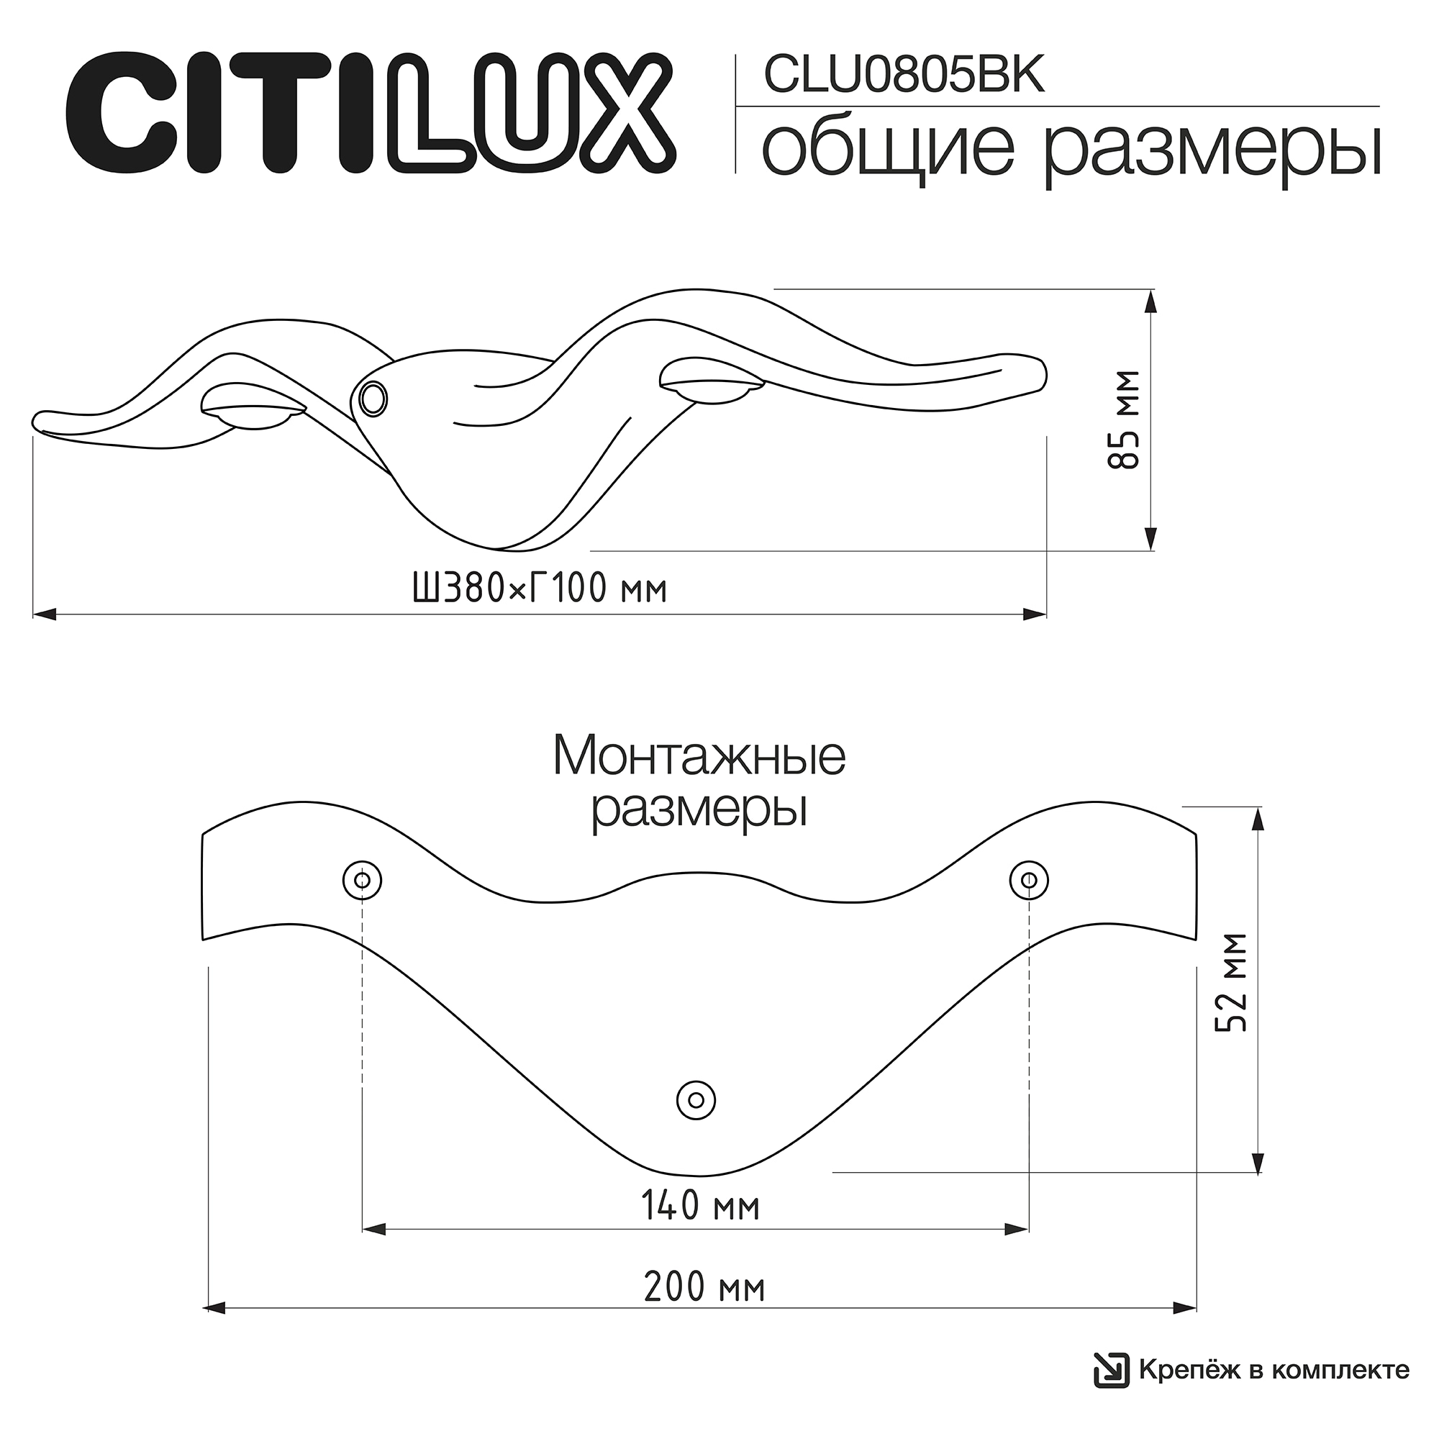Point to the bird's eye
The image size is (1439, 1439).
tap(373, 399)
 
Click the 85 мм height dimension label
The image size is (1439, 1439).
tap(1124, 419)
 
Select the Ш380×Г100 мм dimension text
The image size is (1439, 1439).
tap(540, 590)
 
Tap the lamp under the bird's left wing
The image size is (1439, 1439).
tap(254, 407)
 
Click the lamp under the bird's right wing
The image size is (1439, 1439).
tap(712, 381)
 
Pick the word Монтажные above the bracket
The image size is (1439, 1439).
tap(699, 757)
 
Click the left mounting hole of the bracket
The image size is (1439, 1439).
tap(362, 881)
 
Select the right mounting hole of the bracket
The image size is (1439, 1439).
tap(1029, 881)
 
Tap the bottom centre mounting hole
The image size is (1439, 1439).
tap(696, 1099)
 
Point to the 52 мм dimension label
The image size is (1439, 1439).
tap(1231, 982)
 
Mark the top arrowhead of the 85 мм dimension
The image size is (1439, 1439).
tap(1151, 301)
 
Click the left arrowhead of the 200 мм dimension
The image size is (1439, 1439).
tap(214, 1328)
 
